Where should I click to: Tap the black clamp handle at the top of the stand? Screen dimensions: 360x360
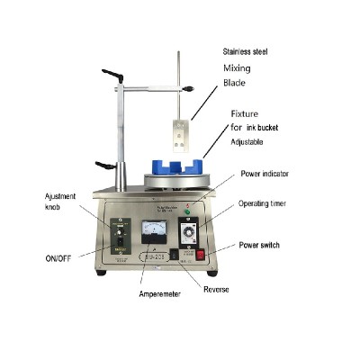coord(113,74)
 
